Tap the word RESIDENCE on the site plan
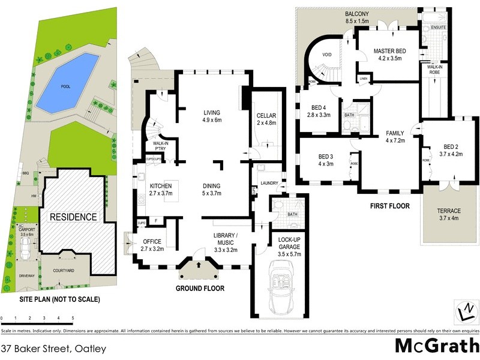pyautogui.click(x=73, y=217)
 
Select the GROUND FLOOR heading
pyautogui.click(x=200, y=289)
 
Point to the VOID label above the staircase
pyautogui.click(x=327, y=55)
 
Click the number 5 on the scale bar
pyautogui.click(x=73, y=318)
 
